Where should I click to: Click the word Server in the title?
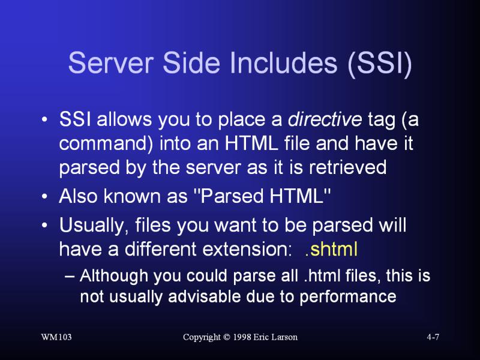pyautogui.click(x=110, y=63)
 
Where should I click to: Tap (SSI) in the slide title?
pyautogui.click(x=380, y=64)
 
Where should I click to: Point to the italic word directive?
pyautogui.click(x=325, y=119)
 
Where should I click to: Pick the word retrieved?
pyautogui.click(x=348, y=167)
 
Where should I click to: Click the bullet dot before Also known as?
pyautogui.click(x=44, y=197)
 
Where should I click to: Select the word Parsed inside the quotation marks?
pyautogui.click(x=232, y=196)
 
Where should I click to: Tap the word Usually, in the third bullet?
pyautogui.click(x=94, y=226)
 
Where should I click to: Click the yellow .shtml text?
pyautogui.click(x=331, y=249)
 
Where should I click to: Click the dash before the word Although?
pyautogui.click(x=70, y=277)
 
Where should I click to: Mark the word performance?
pyautogui.click(x=348, y=297)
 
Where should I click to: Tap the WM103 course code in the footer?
pyautogui.click(x=56, y=337)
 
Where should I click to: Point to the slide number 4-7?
pyautogui.click(x=433, y=337)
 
